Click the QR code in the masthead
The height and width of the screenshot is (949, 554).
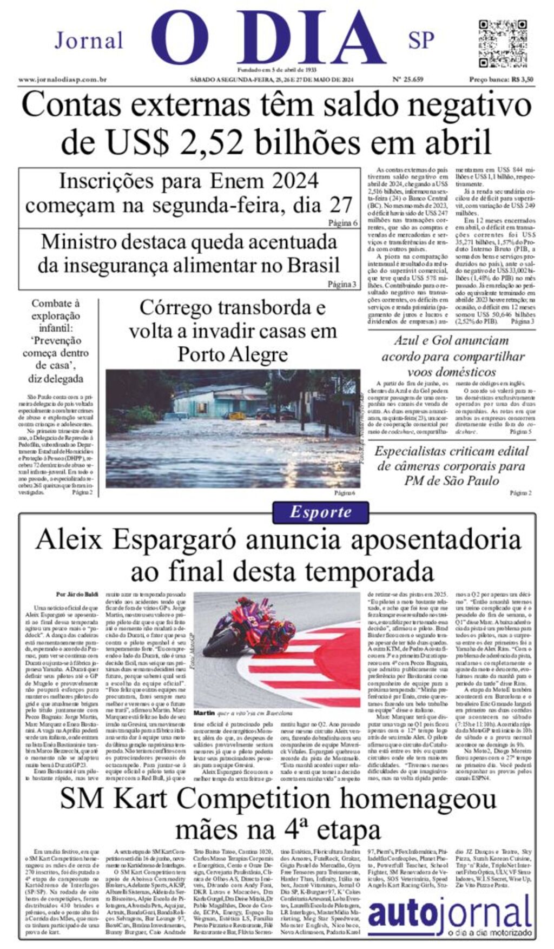click(x=503, y=43)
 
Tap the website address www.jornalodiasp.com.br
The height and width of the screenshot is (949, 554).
click(x=62, y=80)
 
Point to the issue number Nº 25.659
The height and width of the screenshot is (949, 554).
click(x=407, y=80)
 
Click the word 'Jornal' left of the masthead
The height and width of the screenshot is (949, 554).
click(x=89, y=41)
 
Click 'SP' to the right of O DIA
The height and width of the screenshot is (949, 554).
click(x=421, y=41)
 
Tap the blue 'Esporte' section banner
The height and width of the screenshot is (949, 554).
click(x=321, y=512)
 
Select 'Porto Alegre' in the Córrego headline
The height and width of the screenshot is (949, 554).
click(x=233, y=354)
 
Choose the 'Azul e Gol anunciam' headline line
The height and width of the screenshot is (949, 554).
click(x=451, y=340)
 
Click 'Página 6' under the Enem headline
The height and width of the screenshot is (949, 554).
click(x=342, y=223)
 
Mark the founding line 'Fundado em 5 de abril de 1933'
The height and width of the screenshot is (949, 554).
click(x=276, y=70)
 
